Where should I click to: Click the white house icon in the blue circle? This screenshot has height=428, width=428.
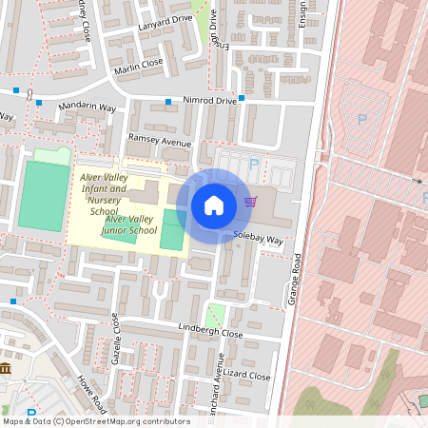214,205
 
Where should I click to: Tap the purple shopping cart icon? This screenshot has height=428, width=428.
251,202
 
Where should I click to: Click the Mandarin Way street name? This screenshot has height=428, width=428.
87,107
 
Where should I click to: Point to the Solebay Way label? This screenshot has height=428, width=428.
260,240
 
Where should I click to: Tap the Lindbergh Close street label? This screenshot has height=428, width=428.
211,333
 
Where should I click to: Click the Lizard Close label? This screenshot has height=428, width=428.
248,376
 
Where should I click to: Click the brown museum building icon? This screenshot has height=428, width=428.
6,368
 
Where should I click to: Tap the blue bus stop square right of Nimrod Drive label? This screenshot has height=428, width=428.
243,98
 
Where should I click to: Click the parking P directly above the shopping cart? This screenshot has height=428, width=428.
253,165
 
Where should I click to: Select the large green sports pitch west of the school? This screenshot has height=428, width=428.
44,196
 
